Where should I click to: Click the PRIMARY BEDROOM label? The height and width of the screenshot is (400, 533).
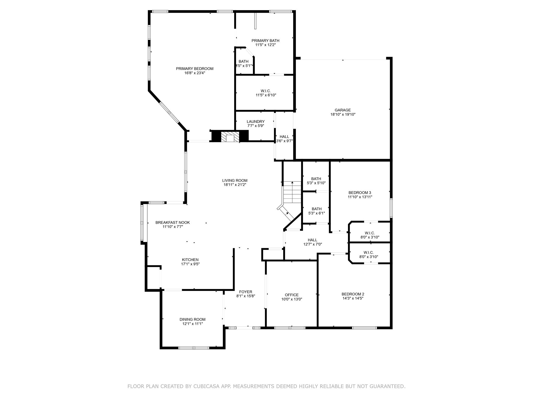[194, 69]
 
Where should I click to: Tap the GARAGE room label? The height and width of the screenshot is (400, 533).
[343, 110]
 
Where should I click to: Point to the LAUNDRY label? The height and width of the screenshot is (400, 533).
[256, 122]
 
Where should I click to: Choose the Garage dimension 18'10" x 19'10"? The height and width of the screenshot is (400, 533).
[343, 114]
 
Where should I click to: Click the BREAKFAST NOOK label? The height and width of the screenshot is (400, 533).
[173, 222]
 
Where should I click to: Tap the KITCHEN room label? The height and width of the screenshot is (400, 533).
[190, 260]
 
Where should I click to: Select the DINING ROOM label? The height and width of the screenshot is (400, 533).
[192, 320]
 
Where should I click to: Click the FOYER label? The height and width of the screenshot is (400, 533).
[246, 292]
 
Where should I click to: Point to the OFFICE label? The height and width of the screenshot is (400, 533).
[291, 295]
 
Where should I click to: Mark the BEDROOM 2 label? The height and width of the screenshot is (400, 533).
[353, 294]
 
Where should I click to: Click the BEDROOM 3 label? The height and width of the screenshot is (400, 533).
[360, 193]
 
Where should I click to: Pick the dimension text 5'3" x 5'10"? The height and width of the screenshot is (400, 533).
[316, 183]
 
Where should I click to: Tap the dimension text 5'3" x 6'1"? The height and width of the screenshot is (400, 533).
[316, 213]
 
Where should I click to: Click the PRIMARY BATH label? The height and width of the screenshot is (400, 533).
[265, 41]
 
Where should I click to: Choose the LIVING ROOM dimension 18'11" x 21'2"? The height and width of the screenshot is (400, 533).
[235, 185]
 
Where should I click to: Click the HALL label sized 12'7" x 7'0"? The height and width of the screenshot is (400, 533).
[312, 240]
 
